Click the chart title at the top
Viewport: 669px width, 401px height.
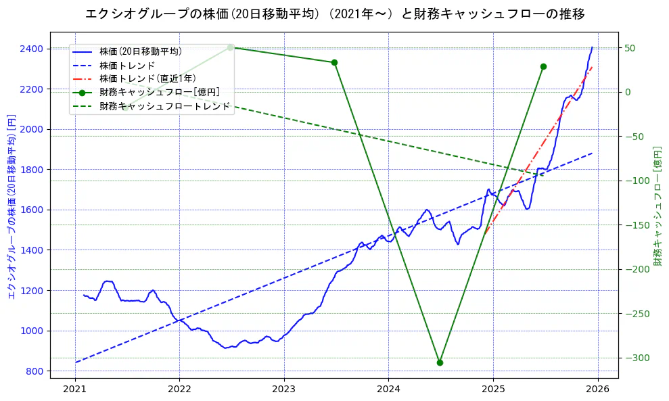pos(335,14)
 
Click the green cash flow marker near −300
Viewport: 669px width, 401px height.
pos(440,362)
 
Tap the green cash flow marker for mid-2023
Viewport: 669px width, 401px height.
pos(334,62)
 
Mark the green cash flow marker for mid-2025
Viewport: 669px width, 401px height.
pos(543,66)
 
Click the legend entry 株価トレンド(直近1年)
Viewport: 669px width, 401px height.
pos(147,78)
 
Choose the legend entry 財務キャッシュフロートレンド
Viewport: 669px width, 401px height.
pos(164,106)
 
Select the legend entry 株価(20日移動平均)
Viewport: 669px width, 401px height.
pos(140,51)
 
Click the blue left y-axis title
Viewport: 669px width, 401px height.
pos(11,206)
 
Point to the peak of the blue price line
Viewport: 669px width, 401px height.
pos(592,47)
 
